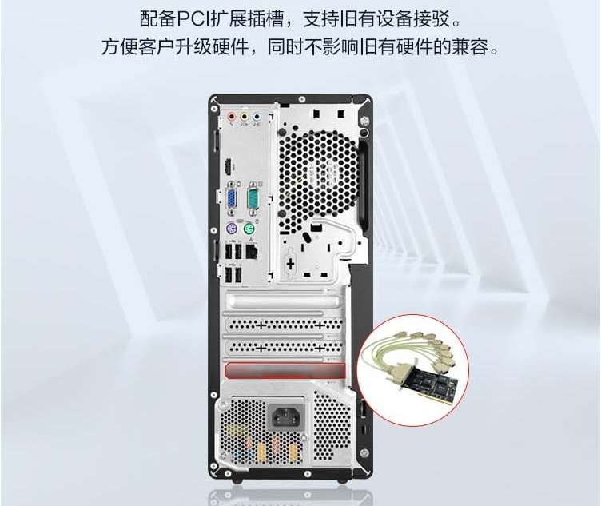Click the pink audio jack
tap(231, 116)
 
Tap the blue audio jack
tap(256, 116)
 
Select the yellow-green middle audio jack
tap(244, 116)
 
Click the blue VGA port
tap(232, 199)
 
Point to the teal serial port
tap(253, 199)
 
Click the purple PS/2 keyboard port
tap(231, 230)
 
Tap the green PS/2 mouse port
tap(249, 230)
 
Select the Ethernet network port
tap(251, 252)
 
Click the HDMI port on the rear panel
tap(228, 167)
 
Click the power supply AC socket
tap(286, 416)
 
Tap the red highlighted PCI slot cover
tap(285, 371)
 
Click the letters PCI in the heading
tap(192, 19)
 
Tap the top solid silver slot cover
tap(284, 301)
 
